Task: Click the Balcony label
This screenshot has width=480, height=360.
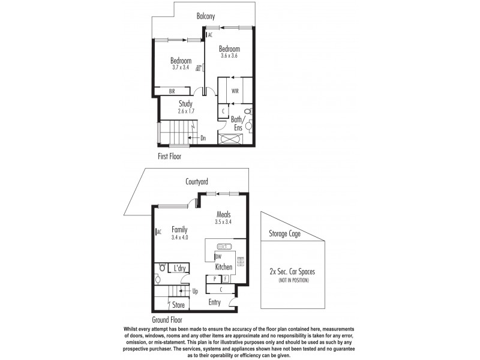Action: [206, 16]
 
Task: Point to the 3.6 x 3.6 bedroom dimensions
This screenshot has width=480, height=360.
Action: [229, 56]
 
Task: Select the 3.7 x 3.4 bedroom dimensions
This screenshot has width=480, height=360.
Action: [181, 68]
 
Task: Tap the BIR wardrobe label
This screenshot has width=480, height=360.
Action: [172, 91]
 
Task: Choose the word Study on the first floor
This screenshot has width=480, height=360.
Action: [185, 103]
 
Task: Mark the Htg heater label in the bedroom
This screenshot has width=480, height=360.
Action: [198, 68]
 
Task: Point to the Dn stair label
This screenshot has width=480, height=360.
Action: [203, 138]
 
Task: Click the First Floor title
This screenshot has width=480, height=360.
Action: [170, 156]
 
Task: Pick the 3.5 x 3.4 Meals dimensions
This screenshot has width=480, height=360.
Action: [223, 221]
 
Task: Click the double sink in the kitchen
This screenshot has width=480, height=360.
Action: [224, 247]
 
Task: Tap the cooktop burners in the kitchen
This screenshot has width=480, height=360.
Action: [241, 262]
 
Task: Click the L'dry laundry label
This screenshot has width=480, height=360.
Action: [179, 269]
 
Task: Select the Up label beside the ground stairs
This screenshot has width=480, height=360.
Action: [195, 292]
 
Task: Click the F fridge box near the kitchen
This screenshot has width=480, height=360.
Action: [225, 279]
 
